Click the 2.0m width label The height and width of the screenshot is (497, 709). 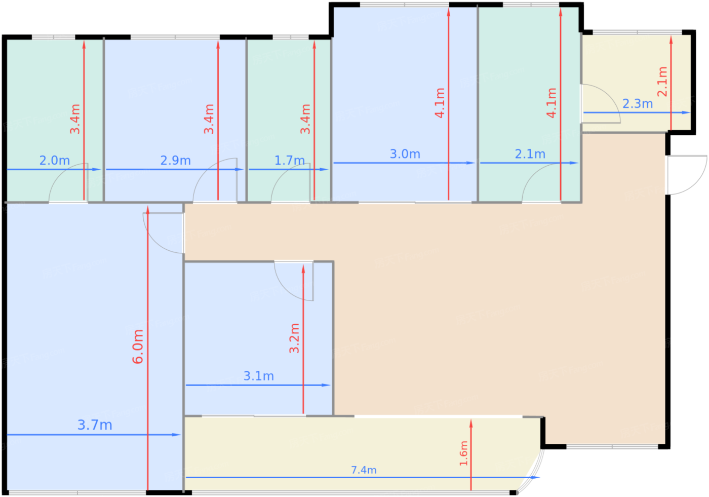click(55, 161)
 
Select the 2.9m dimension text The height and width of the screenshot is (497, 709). click(176, 161)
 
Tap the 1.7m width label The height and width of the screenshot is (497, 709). click(290, 161)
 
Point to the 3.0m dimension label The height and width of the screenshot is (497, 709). click(405, 154)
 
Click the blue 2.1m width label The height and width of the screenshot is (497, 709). click(530, 154)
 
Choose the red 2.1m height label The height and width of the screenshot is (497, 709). click(662, 82)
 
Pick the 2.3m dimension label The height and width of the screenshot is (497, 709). click(638, 104)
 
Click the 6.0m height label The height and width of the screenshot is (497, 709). click(138, 347)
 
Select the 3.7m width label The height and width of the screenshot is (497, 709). click(95, 425)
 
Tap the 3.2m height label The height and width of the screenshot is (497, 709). click(294, 338)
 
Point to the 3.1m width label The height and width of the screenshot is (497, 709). click(259, 376)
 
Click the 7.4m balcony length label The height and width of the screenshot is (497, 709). click(364, 470)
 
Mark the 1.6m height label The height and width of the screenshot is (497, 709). click(464, 453)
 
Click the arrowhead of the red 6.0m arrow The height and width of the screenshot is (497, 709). click(148, 210)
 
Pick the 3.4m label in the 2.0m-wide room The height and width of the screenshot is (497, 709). click(75, 119)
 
